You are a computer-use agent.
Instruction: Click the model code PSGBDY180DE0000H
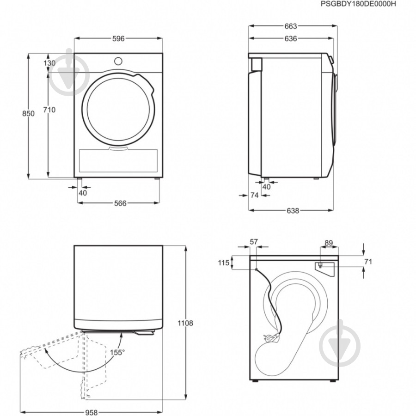pyautogui.click(x=358, y=4)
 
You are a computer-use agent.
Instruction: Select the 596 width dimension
pyautogui.click(x=118, y=39)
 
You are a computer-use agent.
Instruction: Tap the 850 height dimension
pyautogui.click(x=28, y=114)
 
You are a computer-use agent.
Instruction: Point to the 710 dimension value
pyautogui.click(x=49, y=110)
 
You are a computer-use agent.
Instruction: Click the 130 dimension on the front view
pyautogui.click(x=49, y=63)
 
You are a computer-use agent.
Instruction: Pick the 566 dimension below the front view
pyautogui.click(x=120, y=203)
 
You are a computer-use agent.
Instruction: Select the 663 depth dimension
pyautogui.click(x=291, y=26)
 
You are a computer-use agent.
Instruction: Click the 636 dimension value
pyautogui.click(x=291, y=39)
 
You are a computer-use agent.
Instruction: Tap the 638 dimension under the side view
pyautogui.click(x=293, y=211)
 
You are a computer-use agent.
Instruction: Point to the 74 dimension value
pyautogui.click(x=254, y=195)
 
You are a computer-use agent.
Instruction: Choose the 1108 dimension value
pyautogui.click(x=185, y=323)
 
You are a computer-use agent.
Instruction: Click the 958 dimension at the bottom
pyautogui.click(x=91, y=413)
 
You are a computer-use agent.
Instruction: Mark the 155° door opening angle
pyautogui.click(x=117, y=353)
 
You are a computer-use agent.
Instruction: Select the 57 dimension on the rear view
pyautogui.click(x=254, y=242)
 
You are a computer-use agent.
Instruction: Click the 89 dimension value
pyautogui.click(x=329, y=243)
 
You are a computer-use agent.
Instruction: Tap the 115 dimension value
pyautogui.click(x=223, y=263)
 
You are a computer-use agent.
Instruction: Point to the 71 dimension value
pyautogui.click(x=368, y=262)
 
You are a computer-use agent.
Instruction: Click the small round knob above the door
pyautogui.click(x=118, y=61)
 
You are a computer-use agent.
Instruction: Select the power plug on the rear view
pyautogui.click(x=271, y=337)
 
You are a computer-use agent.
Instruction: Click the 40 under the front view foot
pyautogui.click(x=83, y=193)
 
